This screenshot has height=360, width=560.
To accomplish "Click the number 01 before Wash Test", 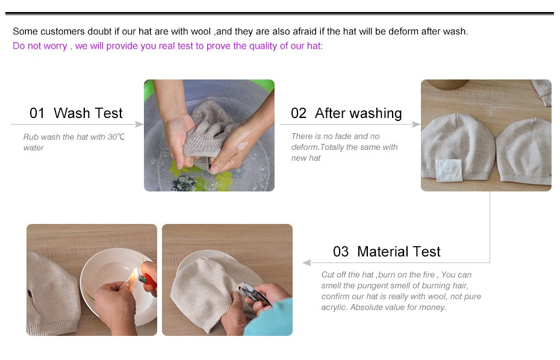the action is (x=37, y=113).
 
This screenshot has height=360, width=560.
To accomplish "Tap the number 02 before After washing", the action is (x=299, y=113).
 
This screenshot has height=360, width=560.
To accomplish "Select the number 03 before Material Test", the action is (x=341, y=252).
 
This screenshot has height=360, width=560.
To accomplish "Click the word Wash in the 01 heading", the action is (x=72, y=113).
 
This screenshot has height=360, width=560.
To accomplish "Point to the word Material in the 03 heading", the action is (x=383, y=252).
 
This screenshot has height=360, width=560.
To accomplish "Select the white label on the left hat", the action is (x=449, y=170).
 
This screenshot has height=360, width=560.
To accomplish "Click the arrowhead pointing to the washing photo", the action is (x=139, y=124).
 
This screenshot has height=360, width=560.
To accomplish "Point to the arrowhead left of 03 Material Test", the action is (x=306, y=263).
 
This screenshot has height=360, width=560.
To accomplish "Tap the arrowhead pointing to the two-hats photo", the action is (x=416, y=124).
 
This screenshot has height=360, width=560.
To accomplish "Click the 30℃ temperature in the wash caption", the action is (x=116, y=137).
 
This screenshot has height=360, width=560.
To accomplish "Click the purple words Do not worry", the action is (x=40, y=46).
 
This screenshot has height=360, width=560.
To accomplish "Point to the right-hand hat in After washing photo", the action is (x=524, y=152).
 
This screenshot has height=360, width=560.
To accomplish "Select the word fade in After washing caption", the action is (x=343, y=136).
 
